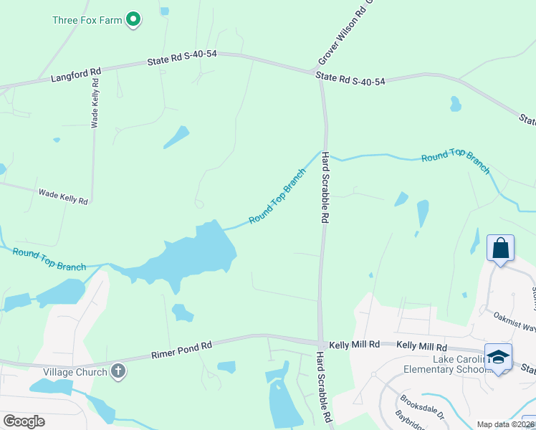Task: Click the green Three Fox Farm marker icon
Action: (x=133, y=19)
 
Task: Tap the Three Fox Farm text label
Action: (x=87, y=20)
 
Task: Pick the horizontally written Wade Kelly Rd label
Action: (x=63, y=197)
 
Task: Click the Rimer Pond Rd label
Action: (x=182, y=350)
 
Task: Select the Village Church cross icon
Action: (x=118, y=371)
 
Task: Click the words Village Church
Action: (x=75, y=372)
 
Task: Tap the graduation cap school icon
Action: (x=499, y=357)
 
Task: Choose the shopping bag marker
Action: (x=500, y=249)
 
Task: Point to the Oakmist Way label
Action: (x=515, y=320)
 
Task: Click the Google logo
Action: (x=24, y=421)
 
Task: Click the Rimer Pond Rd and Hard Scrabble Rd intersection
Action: (x=320, y=343)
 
